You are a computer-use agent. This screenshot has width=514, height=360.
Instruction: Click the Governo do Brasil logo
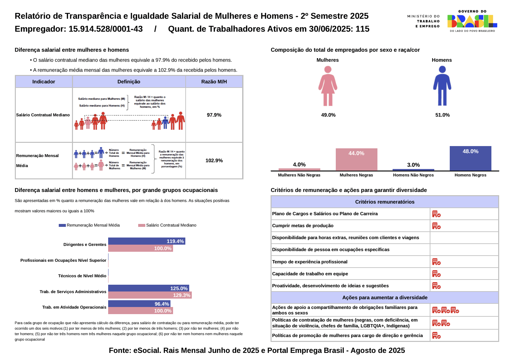click(472, 21)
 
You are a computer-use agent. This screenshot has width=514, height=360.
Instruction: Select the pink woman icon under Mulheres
click(328, 86)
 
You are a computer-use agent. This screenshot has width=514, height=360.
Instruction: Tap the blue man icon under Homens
click(442, 86)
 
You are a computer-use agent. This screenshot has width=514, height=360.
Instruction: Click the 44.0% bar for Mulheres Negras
click(356, 159)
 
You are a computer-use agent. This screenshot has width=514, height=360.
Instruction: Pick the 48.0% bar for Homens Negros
click(470, 158)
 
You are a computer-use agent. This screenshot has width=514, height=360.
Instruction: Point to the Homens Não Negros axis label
click(413, 175)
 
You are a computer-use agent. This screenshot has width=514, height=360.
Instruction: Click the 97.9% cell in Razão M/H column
click(214, 115)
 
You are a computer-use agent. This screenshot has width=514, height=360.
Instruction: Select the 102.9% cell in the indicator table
click(214, 161)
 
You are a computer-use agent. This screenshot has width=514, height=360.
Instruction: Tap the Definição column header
click(129, 82)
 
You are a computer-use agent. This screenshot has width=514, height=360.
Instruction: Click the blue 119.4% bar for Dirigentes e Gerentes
click(147, 241)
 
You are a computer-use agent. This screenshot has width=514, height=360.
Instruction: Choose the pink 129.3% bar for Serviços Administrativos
click(150, 295)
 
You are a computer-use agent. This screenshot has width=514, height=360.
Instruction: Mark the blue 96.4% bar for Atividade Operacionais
click(139, 304)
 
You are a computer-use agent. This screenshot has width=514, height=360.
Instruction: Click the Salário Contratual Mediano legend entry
click(167, 225)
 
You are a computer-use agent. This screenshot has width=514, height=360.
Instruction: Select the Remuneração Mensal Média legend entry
click(89, 225)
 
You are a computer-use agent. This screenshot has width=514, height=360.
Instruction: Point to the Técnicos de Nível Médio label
click(82, 276)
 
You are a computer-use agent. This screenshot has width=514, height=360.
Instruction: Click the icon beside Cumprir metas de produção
click(436, 226)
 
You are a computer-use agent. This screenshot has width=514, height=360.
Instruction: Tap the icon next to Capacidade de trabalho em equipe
click(436, 274)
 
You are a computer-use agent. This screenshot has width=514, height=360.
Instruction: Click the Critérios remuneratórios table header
click(385, 202)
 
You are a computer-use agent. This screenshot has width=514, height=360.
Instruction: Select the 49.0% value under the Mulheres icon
click(328, 115)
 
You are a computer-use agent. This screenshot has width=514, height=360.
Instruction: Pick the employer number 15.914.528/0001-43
click(106, 29)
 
